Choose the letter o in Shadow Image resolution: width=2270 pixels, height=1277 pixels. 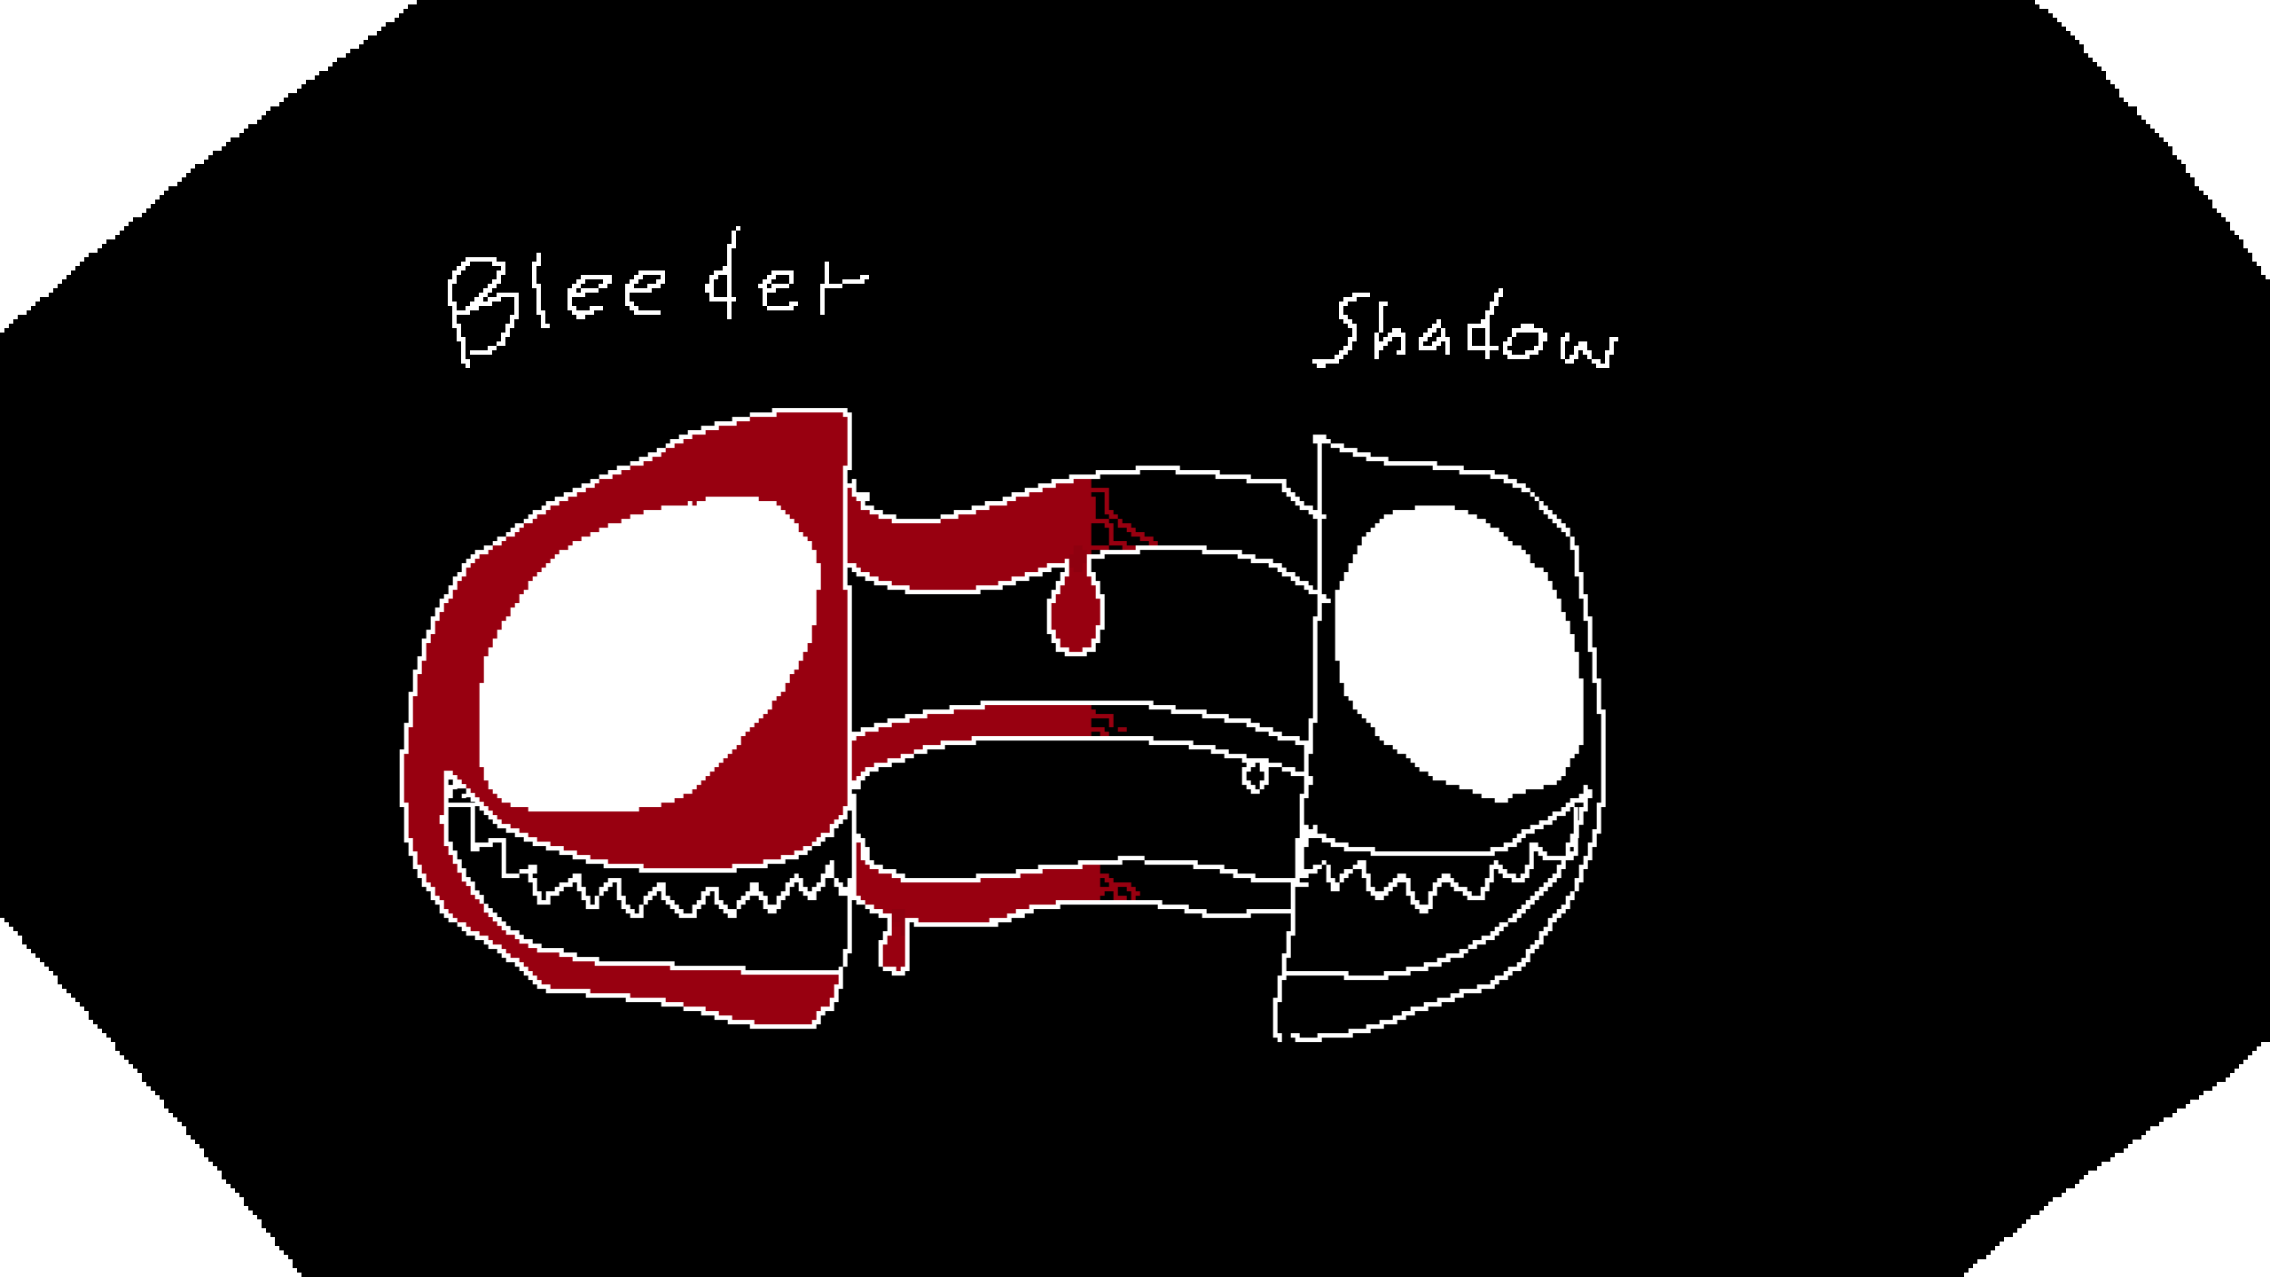[1525, 341]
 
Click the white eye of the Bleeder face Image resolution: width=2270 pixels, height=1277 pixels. [647, 656]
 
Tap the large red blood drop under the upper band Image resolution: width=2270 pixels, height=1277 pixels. [1076, 612]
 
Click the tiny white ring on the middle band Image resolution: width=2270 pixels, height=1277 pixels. [1255, 777]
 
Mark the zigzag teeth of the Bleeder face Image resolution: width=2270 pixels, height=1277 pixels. [683, 891]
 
